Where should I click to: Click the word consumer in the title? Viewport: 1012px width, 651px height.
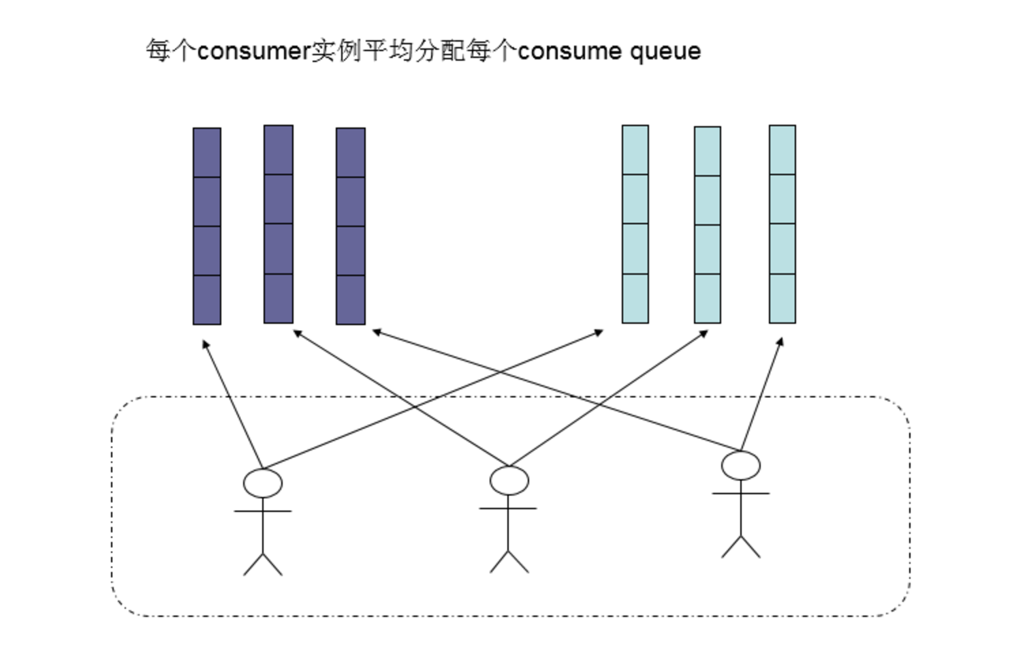coord(253,51)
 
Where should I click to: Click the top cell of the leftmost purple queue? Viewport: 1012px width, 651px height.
coord(207,153)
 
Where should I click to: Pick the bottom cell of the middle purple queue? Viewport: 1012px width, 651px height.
coord(279,299)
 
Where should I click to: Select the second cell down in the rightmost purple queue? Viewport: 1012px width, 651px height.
coord(351,202)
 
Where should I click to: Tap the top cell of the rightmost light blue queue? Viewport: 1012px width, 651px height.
coord(782,150)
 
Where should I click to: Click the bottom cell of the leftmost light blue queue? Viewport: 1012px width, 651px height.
coord(635,299)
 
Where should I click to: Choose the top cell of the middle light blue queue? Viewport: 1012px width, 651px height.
coord(708,151)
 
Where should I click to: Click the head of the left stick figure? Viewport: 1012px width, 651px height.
coord(263,483)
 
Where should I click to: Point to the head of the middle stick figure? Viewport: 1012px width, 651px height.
coord(509,481)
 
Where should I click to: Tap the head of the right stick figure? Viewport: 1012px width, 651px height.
coord(741,466)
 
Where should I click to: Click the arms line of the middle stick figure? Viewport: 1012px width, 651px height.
coord(508,509)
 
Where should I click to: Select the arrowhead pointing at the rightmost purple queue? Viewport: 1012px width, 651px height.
coord(376,332)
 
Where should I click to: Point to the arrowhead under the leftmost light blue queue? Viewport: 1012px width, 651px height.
coord(599,332)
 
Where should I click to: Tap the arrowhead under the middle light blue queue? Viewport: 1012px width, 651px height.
coord(705,333)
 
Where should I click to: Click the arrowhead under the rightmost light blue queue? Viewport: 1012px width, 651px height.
coord(780,341)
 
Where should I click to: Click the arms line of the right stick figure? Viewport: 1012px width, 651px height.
coord(741,494)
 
